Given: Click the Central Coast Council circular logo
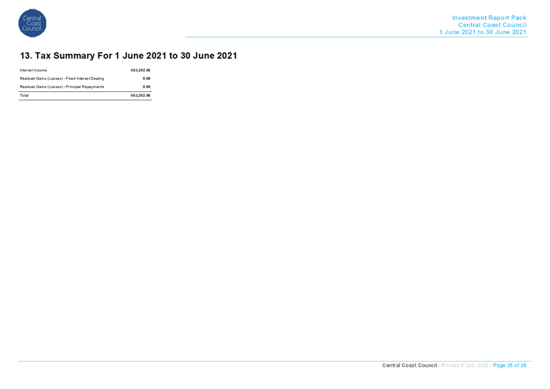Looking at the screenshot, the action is (x=32, y=23).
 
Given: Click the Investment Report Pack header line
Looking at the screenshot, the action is (x=489, y=18).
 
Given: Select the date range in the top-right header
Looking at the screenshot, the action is (x=483, y=32).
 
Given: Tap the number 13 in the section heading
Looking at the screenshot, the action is (x=25, y=56).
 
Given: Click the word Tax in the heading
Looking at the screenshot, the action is (x=43, y=56).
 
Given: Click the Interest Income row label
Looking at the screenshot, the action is (x=33, y=70).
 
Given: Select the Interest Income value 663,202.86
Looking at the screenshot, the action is (x=141, y=70).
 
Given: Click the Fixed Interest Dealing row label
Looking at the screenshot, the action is (x=62, y=79).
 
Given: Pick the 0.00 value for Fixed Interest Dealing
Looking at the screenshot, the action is (x=146, y=79).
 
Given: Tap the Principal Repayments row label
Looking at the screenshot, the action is (x=62, y=87).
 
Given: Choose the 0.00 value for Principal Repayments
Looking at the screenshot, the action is (x=146, y=87).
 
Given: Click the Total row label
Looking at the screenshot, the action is (x=24, y=95).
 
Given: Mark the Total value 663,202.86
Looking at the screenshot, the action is (x=141, y=95).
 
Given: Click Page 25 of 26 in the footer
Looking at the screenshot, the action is (x=510, y=366).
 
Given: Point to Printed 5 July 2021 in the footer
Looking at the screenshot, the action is (x=464, y=366).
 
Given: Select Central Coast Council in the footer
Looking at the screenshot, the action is (x=409, y=366).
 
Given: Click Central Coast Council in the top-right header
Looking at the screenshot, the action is (x=492, y=25).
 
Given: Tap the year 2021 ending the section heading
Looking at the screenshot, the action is (x=227, y=56).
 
